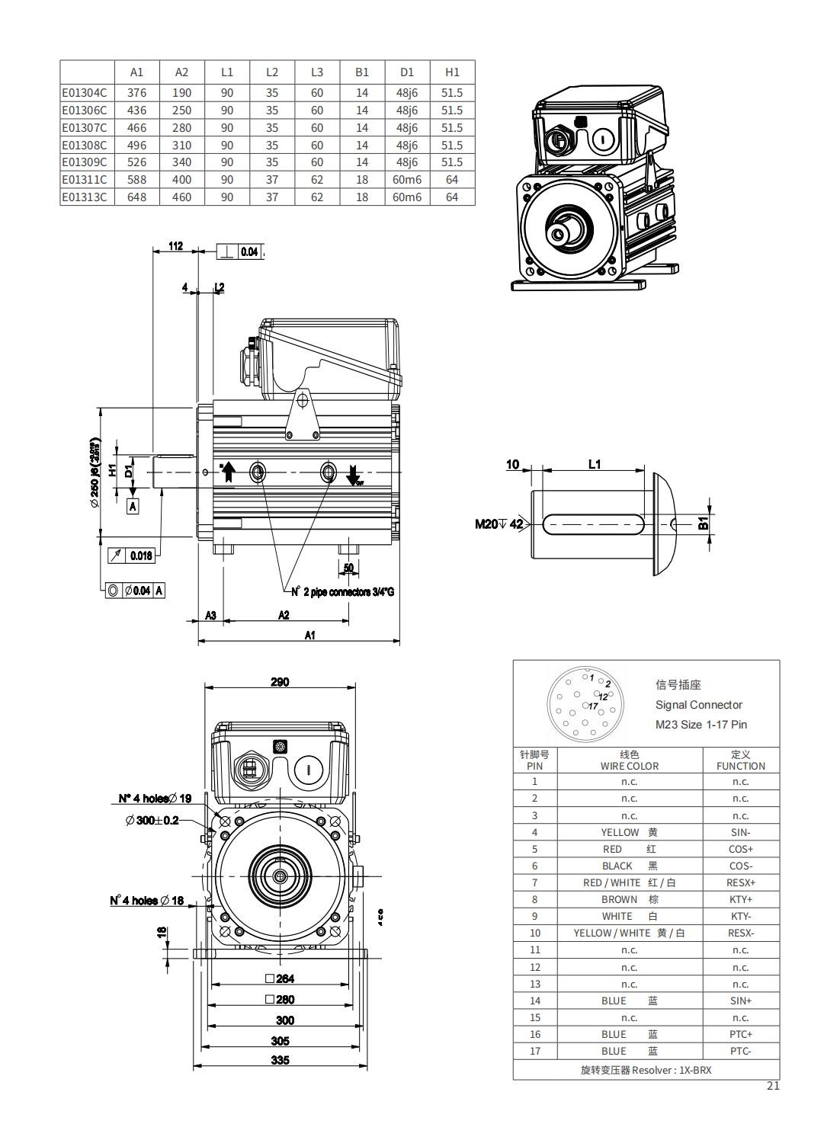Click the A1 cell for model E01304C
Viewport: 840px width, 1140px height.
[x=136, y=93]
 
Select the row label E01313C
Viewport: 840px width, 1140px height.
[x=85, y=197]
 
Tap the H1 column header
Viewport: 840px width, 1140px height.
[x=452, y=72]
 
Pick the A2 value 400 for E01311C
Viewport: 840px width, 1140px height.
[x=181, y=180]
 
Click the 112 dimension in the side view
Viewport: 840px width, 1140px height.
[x=176, y=246]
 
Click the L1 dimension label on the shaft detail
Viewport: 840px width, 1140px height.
[x=595, y=464]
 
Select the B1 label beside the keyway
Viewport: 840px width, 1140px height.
[x=704, y=524]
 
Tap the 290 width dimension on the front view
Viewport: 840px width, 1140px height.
[x=280, y=682]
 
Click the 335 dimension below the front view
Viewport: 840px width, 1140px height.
[x=281, y=1060]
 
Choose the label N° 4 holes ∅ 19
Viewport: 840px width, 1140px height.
[x=155, y=799]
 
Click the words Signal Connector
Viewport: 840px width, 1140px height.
[x=698, y=705]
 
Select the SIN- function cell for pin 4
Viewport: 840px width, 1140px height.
[x=740, y=832]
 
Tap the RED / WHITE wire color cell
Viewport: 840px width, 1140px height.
[x=629, y=882]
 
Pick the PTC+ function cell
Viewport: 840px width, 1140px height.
[x=740, y=1034]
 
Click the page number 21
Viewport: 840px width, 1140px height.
[x=773, y=1086]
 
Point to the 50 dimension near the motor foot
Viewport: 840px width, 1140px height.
[x=348, y=568]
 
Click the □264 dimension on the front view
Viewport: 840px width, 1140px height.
[x=280, y=978]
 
